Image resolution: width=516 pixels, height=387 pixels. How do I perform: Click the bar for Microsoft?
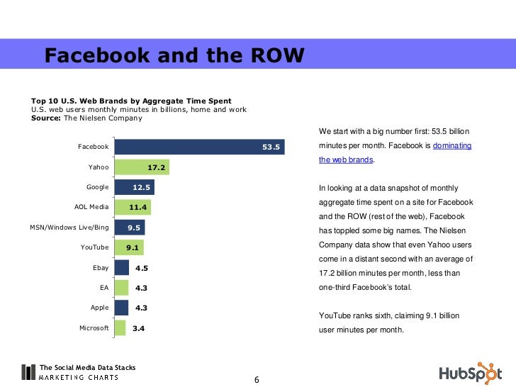[x=120, y=328]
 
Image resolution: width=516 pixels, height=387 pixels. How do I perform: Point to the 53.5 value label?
[x=272, y=147]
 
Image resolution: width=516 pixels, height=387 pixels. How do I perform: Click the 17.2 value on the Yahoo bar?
[x=157, y=167]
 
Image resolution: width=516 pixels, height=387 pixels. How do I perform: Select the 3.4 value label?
[x=138, y=329]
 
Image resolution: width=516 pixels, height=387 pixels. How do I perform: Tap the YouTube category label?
[x=95, y=247]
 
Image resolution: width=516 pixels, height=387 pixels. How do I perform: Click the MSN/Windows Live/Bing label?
[x=69, y=228]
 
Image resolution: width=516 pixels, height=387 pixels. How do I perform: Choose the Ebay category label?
[x=101, y=268]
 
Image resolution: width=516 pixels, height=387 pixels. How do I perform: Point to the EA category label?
[x=104, y=288]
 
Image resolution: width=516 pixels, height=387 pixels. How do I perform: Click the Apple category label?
[x=100, y=308]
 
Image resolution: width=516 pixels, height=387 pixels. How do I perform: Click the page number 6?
[x=257, y=381]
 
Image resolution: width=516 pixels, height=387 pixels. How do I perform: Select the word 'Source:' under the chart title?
[x=46, y=118]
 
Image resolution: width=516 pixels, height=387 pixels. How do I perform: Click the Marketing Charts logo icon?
[x=28, y=372]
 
